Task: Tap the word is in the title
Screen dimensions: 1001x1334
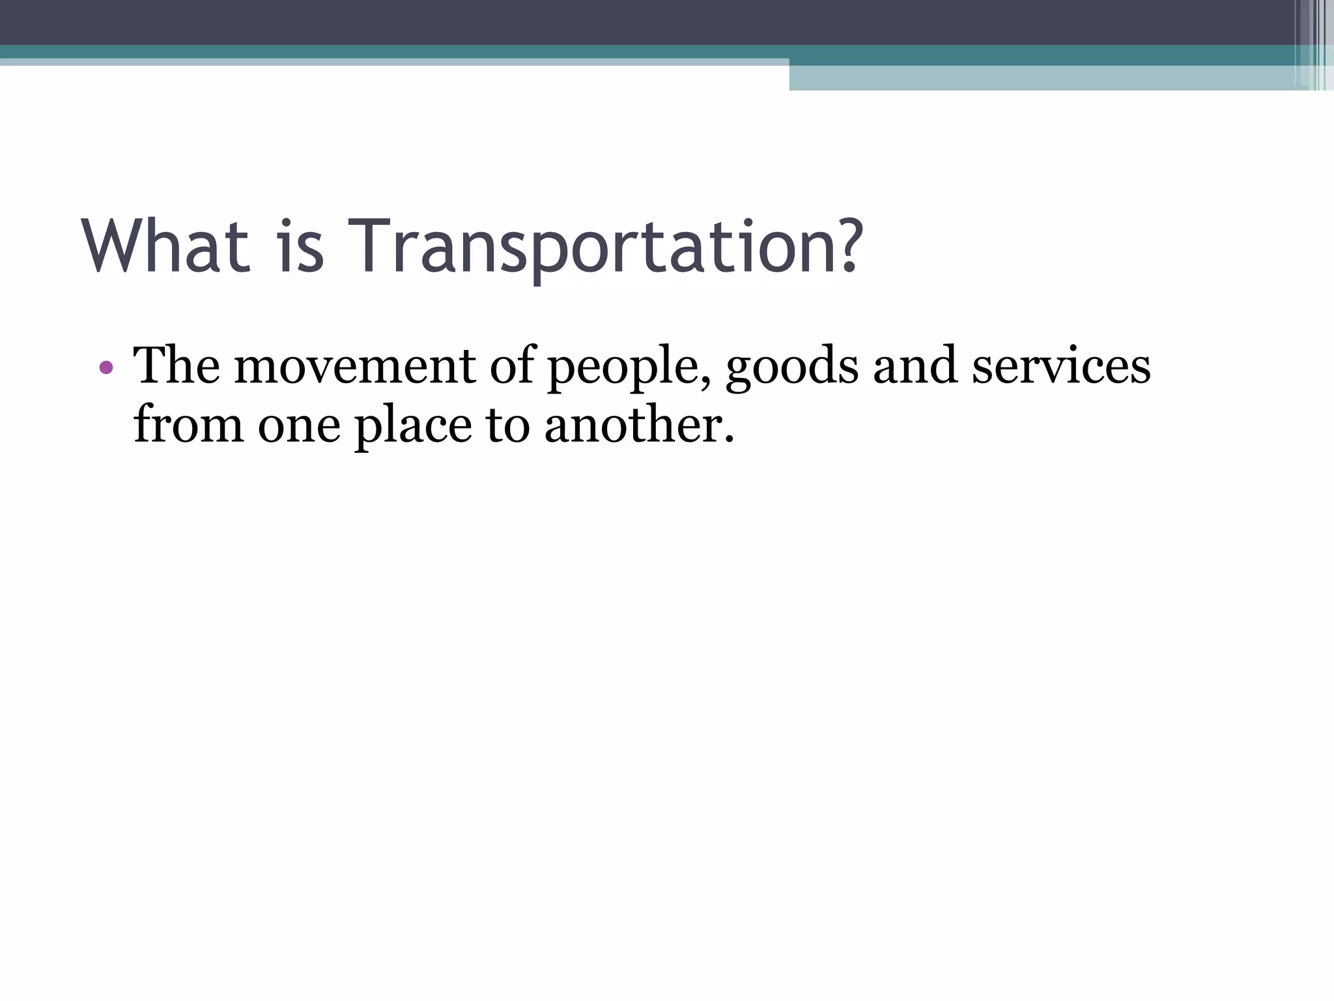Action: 300,246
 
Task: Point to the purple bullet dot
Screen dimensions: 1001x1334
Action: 106,368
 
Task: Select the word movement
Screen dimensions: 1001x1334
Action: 356,366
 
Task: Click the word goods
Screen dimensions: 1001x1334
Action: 792,368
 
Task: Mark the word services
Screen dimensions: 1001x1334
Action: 1061,366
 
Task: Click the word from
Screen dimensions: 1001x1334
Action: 189,425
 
